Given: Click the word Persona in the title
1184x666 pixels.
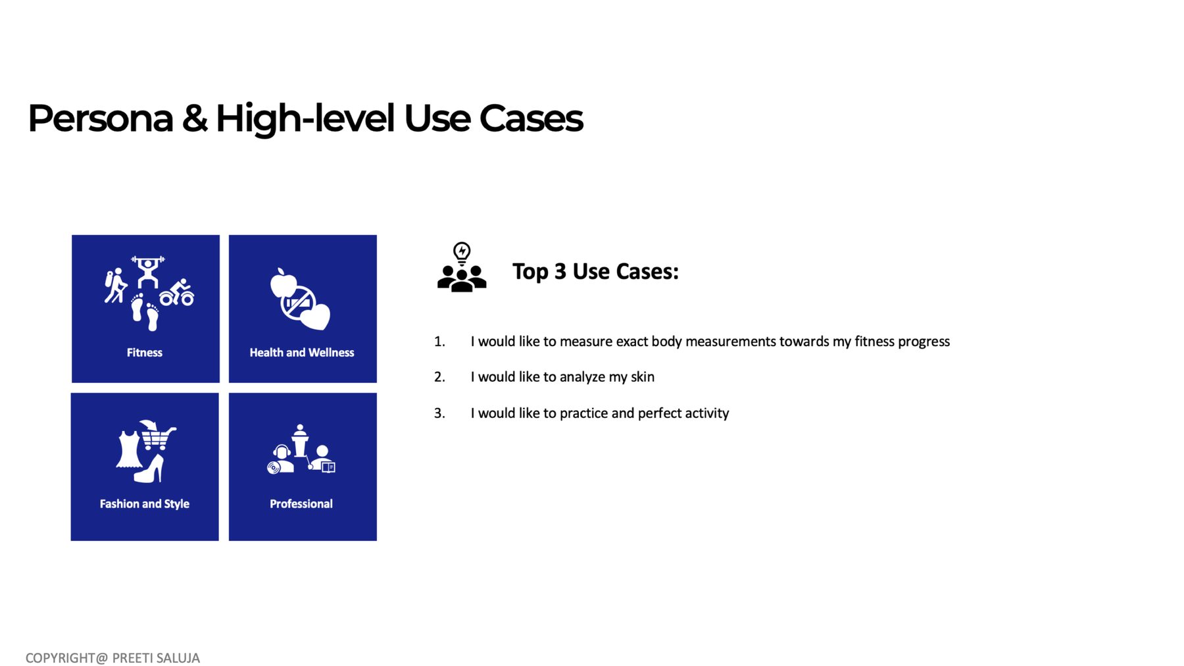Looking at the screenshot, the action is [x=101, y=118].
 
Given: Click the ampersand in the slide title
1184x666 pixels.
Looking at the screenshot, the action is [x=194, y=118].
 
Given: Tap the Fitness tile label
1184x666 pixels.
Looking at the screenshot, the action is [x=145, y=353].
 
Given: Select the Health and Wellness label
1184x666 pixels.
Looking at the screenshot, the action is [x=302, y=353].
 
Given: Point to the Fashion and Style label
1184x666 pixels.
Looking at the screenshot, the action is [x=145, y=504].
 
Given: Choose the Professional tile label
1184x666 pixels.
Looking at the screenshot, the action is [x=301, y=504].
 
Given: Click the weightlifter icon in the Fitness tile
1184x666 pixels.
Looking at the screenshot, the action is [x=148, y=272].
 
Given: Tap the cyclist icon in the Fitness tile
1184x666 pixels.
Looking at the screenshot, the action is [x=177, y=292].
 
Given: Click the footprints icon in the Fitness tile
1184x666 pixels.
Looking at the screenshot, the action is [x=145, y=312].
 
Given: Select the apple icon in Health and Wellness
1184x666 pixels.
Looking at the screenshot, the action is [x=282, y=283].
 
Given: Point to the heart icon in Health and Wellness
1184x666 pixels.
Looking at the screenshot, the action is [x=315, y=316].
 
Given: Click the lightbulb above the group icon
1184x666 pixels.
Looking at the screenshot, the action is [x=462, y=253].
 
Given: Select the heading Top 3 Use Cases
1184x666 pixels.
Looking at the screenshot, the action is [x=595, y=272].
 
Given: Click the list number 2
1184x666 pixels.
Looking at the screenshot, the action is [x=439, y=377].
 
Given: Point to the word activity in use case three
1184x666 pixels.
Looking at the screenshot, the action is [x=707, y=413].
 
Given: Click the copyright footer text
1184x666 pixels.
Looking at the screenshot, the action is [x=112, y=658].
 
